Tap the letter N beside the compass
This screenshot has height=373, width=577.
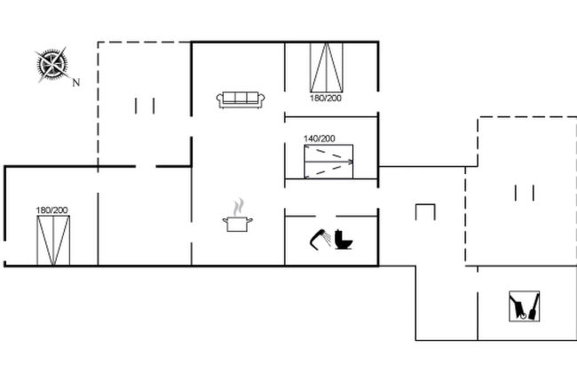point(76,83)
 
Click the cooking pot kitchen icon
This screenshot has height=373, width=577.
point(237,223)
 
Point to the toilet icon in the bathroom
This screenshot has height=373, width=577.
point(344,240)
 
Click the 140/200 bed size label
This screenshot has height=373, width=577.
point(320,139)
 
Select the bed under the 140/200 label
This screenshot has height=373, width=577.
point(329,162)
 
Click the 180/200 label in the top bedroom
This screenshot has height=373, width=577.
point(326,98)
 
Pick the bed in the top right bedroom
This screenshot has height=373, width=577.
point(326,66)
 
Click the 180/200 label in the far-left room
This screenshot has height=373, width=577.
point(51,210)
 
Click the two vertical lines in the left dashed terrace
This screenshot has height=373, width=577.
point(146,106)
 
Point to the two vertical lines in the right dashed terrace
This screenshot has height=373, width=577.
point(523,193)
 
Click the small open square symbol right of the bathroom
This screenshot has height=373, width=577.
point(426,211)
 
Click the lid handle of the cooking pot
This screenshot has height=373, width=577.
point(237,215)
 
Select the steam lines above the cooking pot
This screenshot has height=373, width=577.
point(237,206)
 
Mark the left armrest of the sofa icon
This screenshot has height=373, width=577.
point(219,99)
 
